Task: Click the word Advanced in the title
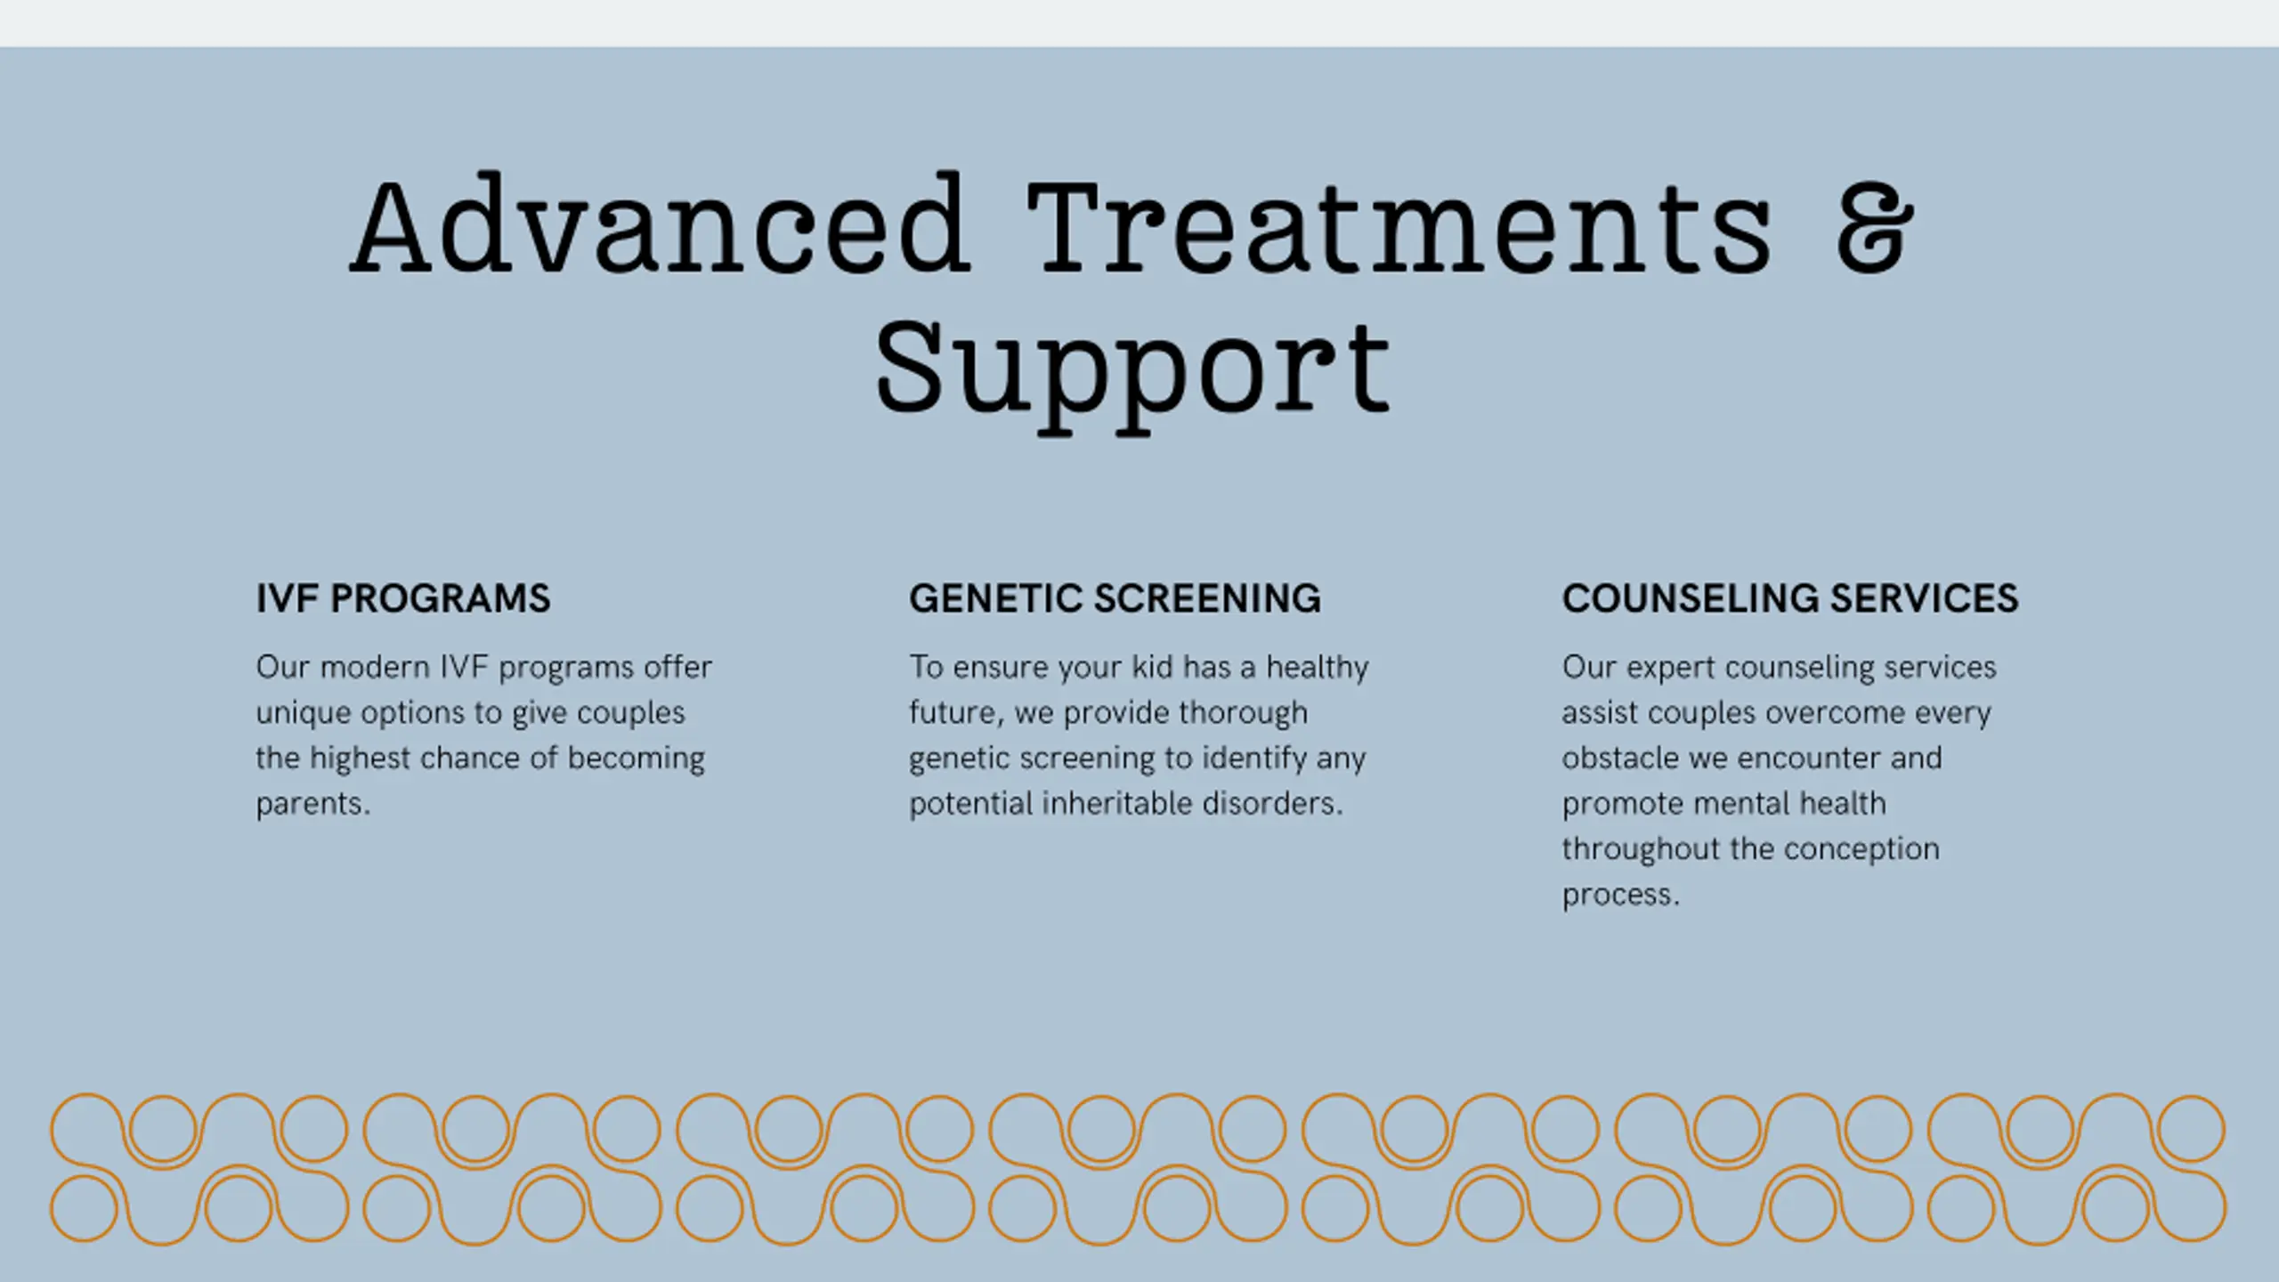pos(660,226)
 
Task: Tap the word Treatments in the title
pos(1399,226)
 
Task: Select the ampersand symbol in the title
pos(1874,226)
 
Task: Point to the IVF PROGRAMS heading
pos(403,598)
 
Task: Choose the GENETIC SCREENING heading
pos(1115,598)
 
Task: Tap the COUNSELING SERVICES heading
pos(1790,598)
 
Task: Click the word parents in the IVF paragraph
pos(310,804)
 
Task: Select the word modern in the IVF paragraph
pos(375,667)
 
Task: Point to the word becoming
pos(636,758)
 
